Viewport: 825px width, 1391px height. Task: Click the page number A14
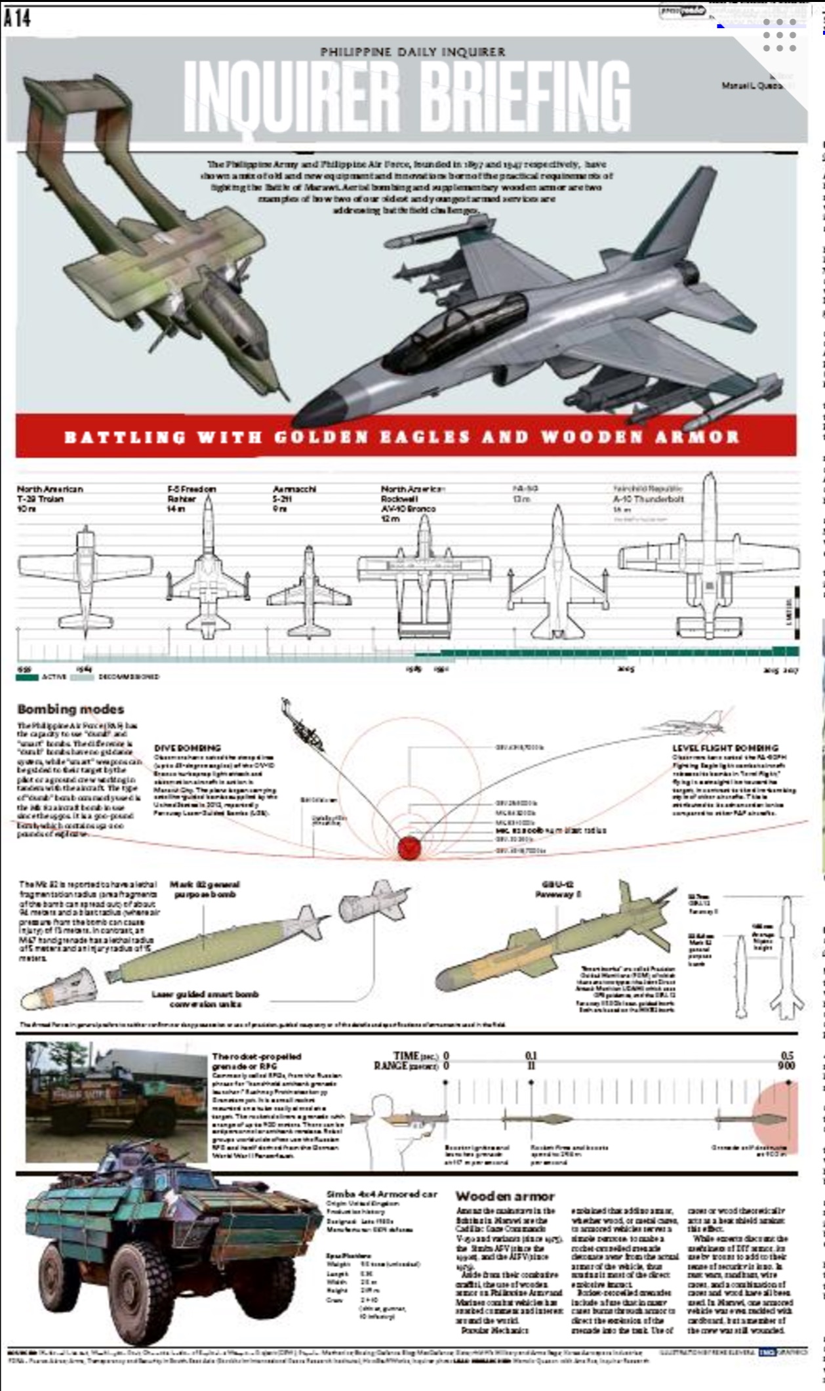coord(17,18)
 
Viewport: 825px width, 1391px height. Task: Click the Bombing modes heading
coord(70,709)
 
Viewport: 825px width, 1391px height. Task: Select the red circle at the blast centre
coord(409,848)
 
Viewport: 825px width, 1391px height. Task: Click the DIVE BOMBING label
coord(188,748)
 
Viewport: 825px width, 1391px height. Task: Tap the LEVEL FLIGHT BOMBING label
coord(725,748)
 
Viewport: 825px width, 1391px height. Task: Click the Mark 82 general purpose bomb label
coord(205,889)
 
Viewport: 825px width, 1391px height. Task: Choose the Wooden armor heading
coord(505,1196)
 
